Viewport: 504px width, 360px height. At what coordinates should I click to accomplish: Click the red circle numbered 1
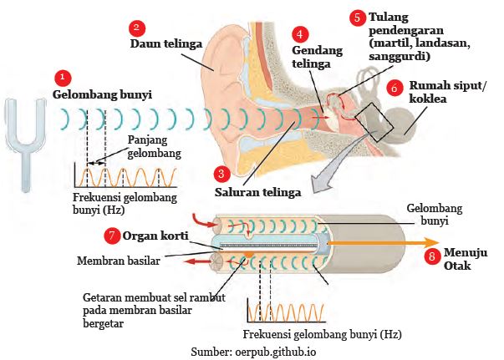60,78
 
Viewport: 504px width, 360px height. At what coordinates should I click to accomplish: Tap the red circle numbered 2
137,28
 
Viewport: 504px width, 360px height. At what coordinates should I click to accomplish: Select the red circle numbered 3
221,174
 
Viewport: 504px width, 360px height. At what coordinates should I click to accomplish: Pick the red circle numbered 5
358,17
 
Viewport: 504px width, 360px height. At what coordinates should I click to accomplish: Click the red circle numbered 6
395,86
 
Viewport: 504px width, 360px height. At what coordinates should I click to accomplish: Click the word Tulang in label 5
389,17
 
